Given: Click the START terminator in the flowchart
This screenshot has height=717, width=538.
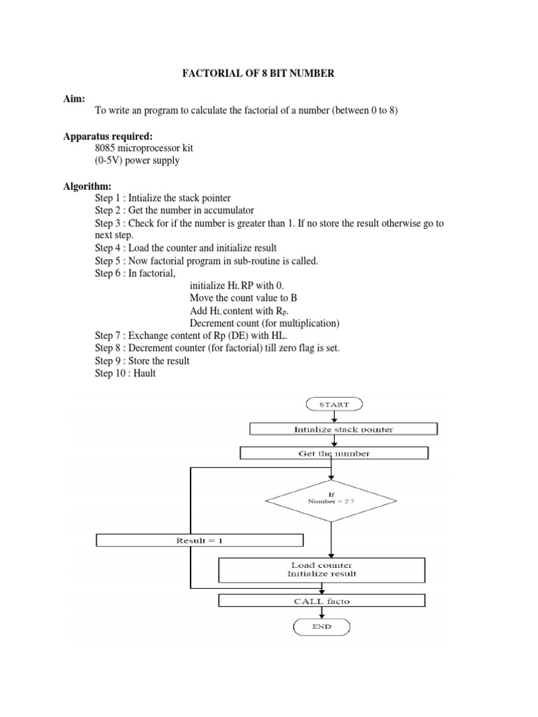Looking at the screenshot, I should click(x=331, y=404).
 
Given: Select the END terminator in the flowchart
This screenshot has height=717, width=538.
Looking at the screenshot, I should click(x=322, y=627).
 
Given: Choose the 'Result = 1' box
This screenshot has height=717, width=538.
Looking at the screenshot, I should click(x=200, y=540).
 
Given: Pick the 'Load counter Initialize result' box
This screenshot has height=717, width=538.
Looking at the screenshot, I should click(x=322, y=569).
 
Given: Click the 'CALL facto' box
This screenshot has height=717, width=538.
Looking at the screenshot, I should click(x=322, y=601).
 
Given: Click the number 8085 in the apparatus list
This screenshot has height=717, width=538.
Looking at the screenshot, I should click(x=108, y=148).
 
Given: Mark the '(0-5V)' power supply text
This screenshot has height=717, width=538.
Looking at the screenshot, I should click(x=111, y=160).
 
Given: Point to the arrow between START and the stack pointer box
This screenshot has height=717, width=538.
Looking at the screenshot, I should click(x=331, y=416).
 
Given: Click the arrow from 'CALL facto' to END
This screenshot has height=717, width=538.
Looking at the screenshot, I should click(x=322, y=613).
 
